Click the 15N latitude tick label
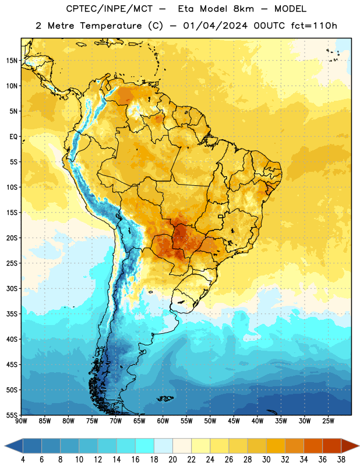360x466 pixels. pyautogui.click(x=12, y=61)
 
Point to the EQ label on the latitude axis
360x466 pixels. pyautogui.click(x=13, y=137)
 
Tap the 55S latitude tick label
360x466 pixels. pyautogui.click(x=12, y=415)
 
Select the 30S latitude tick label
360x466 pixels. pyautogui.click(x=12, y=288)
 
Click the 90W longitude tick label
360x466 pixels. pyautogui.click(x=21, y=421)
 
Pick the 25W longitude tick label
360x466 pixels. pyautogui.click(x=328, y=421)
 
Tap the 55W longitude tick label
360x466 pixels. pyautogui.click(x=186, y=421)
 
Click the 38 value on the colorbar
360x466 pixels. pyautogui.click(x=341, y=460)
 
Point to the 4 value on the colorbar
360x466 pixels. pyautogui.click(x=23, y=460)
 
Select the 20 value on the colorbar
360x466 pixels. pyautogui.click(x=172, y=460)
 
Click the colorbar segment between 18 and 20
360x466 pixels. pyautogui.click(x=164, y=446)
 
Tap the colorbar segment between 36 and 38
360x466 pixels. pyautogui.click(x=332, y=446)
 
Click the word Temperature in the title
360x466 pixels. pyautogui.click(x=111, y=26)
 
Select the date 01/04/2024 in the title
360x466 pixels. pyautogui.click(x=215, y=26)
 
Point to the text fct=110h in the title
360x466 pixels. pyautogui.click(x=314, y=26)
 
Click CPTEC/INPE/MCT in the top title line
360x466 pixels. pyautogui.click(x=109, y=9)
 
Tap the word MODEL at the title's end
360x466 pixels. pyautogui.click(x=290, y=9)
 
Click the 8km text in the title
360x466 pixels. pyautogui.click(x=244, y=9)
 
